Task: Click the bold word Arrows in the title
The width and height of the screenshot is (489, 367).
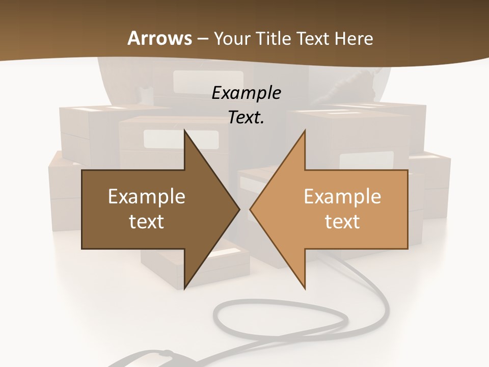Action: coord(159,38)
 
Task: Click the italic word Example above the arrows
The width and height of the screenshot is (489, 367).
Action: coord(246,93)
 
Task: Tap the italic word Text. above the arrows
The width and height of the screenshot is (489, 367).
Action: coord(246,117)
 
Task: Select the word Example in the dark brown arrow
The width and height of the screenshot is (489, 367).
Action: coord(146,197)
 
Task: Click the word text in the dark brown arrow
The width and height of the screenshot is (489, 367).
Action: coord(146,221)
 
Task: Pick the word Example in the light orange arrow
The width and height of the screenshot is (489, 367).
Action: coord(342,197)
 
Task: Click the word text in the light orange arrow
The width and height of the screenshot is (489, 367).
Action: coord(342,221)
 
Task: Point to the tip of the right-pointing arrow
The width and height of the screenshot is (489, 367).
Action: coord(238,208)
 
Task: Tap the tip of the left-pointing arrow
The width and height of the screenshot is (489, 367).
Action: coord(251,208)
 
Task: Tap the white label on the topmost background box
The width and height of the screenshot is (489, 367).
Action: coord(194,81)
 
